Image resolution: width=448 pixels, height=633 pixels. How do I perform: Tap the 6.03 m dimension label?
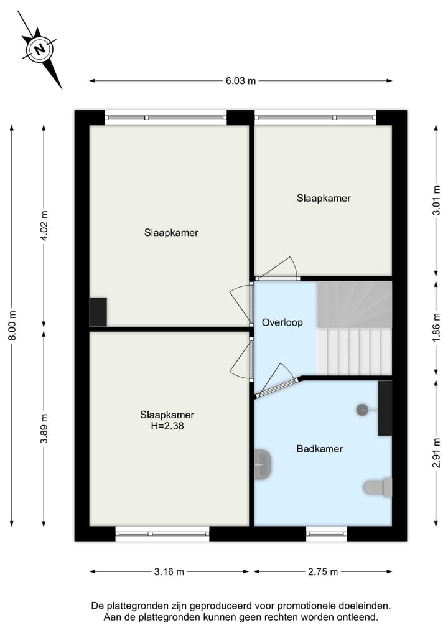(241, 81)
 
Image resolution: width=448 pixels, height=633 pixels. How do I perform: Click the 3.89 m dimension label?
(44, 429)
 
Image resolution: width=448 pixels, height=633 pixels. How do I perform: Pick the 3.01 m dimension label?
(437, 200)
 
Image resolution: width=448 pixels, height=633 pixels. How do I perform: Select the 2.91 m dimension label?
(437, 453)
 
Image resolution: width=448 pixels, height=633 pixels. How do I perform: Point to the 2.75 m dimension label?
(322, 571)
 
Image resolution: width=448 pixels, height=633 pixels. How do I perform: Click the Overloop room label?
(282, 323)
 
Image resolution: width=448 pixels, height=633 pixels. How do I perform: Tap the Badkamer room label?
(320, 448)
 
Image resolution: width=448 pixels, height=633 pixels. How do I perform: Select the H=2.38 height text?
(167, 427)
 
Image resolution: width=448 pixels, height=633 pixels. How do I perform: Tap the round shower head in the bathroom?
(363, 409)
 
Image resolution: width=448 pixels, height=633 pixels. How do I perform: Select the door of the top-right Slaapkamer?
(277, 270)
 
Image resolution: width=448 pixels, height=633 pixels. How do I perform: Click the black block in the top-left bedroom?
(98, 312)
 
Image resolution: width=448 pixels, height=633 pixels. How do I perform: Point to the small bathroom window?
(327, 532)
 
